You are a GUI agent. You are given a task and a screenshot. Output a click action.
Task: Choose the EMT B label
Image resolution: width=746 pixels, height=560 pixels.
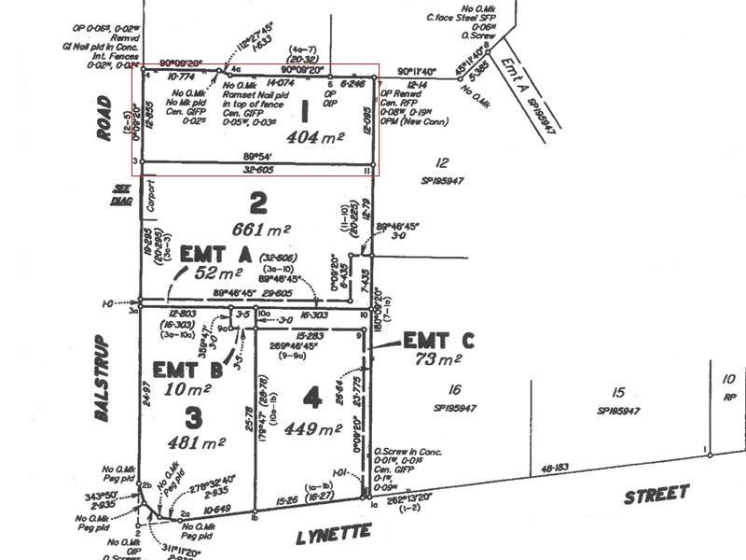[x=187, y=371]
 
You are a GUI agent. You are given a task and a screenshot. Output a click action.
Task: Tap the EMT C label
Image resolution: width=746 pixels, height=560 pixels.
[x=438, y=341]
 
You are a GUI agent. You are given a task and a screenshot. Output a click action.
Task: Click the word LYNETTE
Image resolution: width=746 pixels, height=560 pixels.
[x=334, y=534]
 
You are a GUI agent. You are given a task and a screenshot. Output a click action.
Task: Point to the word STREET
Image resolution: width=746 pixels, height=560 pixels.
[x=656, y=494]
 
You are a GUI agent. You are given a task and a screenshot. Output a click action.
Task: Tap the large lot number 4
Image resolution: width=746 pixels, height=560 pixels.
[x=311, y=399]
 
